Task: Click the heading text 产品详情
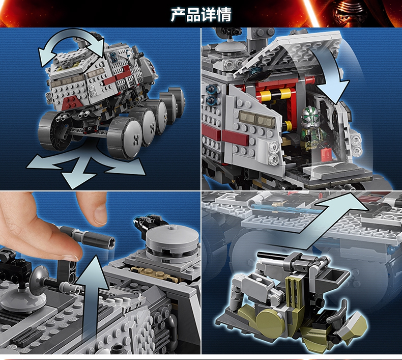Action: click(201, 14)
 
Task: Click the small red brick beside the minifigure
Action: click(326, 154)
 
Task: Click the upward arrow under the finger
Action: click(92, 295)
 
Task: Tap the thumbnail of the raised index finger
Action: click(100, 215)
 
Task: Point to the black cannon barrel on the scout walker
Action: click(272, 256)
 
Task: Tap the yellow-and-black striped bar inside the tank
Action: click(276, 94)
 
